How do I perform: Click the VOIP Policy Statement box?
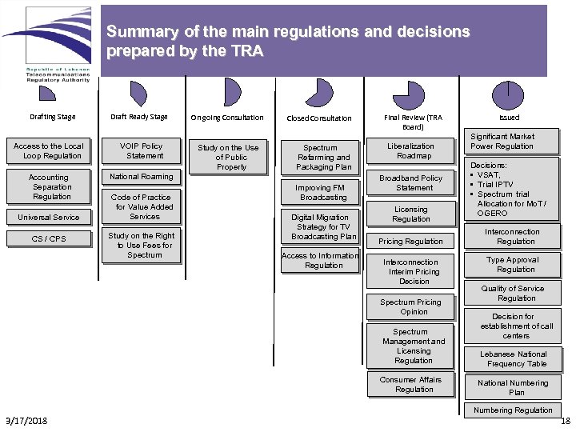[x=141, y=151]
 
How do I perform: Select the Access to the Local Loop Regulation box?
[x=49, y=151]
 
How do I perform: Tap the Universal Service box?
[x=49, y=217]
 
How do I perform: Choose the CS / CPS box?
[x=49, y=238]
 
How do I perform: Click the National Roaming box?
[x=141, y=177]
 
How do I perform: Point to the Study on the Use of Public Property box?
[x=228, y=157]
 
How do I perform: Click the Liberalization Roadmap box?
[x=410, y=151]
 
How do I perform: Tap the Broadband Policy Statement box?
[x=410, y=183]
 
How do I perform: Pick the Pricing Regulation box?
[x=410, y=241]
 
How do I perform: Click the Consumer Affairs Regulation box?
[x=410, y=385]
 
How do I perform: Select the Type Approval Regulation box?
[x=515, y=265]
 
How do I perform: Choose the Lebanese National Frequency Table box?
[x=515, y=358]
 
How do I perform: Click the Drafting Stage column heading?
[x=53, y=117]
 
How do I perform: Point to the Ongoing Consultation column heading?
[x=226, y=118]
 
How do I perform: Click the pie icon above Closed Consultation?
[x=319, y=93]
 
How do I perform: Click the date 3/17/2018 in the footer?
[x=26, y=421]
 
